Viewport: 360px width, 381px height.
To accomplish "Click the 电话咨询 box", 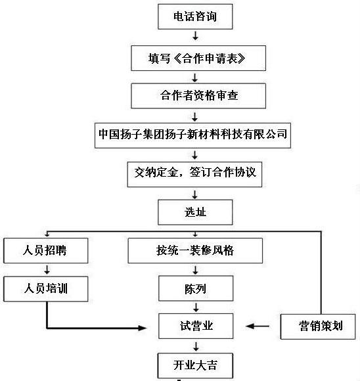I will click(x=196, y=17).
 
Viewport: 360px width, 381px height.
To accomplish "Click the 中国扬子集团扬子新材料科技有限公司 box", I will click(x=192, y=134).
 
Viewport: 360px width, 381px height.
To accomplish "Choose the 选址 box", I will click(x=195, y=212).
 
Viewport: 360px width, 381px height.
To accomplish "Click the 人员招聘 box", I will click(x=45, y=250).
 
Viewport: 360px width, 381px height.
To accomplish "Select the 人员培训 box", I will click(x=45, y=288).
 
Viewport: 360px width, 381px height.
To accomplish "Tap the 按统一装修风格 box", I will click(x=195, y=250).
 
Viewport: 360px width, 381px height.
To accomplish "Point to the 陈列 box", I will click(x=195, y=288).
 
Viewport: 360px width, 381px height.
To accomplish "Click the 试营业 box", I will click(x=196, y=326).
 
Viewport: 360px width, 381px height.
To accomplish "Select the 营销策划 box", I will click(x=318, y=326).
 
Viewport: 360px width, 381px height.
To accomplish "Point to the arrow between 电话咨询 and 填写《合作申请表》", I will click(x=196, y=37).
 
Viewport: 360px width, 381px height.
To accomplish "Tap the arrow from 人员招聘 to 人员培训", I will click(x=46, y=269).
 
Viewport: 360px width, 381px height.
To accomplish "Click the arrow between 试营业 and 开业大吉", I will click(x=195, y=345).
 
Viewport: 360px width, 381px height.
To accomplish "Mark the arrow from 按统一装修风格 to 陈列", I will click(x=195, y=269).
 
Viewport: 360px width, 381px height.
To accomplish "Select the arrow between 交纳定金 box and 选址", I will click(x=195, y=192).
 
